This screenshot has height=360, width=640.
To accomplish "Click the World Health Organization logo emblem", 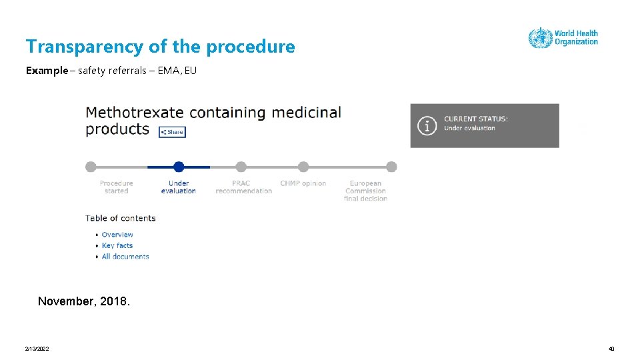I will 540,38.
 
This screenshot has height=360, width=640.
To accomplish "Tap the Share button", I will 172,132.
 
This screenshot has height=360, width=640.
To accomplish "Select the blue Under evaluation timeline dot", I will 179,167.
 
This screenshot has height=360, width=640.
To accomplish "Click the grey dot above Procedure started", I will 91,167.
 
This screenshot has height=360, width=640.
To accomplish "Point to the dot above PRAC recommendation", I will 241,167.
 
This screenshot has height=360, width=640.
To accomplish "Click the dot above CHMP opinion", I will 303,167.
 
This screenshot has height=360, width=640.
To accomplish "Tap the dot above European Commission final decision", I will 391,167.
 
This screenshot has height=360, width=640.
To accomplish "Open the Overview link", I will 117,235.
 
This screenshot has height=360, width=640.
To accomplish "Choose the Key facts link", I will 117,245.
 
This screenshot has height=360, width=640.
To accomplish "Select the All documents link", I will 125,256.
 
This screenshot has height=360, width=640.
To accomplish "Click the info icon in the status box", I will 427,125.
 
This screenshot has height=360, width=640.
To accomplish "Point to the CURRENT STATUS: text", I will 476,119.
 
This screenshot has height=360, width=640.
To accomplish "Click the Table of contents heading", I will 121,218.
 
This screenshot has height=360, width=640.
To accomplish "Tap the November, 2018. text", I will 84,301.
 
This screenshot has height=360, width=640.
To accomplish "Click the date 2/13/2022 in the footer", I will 37,349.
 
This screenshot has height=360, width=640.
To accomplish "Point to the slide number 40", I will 611,349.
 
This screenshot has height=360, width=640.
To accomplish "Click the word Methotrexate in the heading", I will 133,113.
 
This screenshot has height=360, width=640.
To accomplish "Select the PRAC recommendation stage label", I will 243,187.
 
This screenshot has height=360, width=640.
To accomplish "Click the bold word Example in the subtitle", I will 47,70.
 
